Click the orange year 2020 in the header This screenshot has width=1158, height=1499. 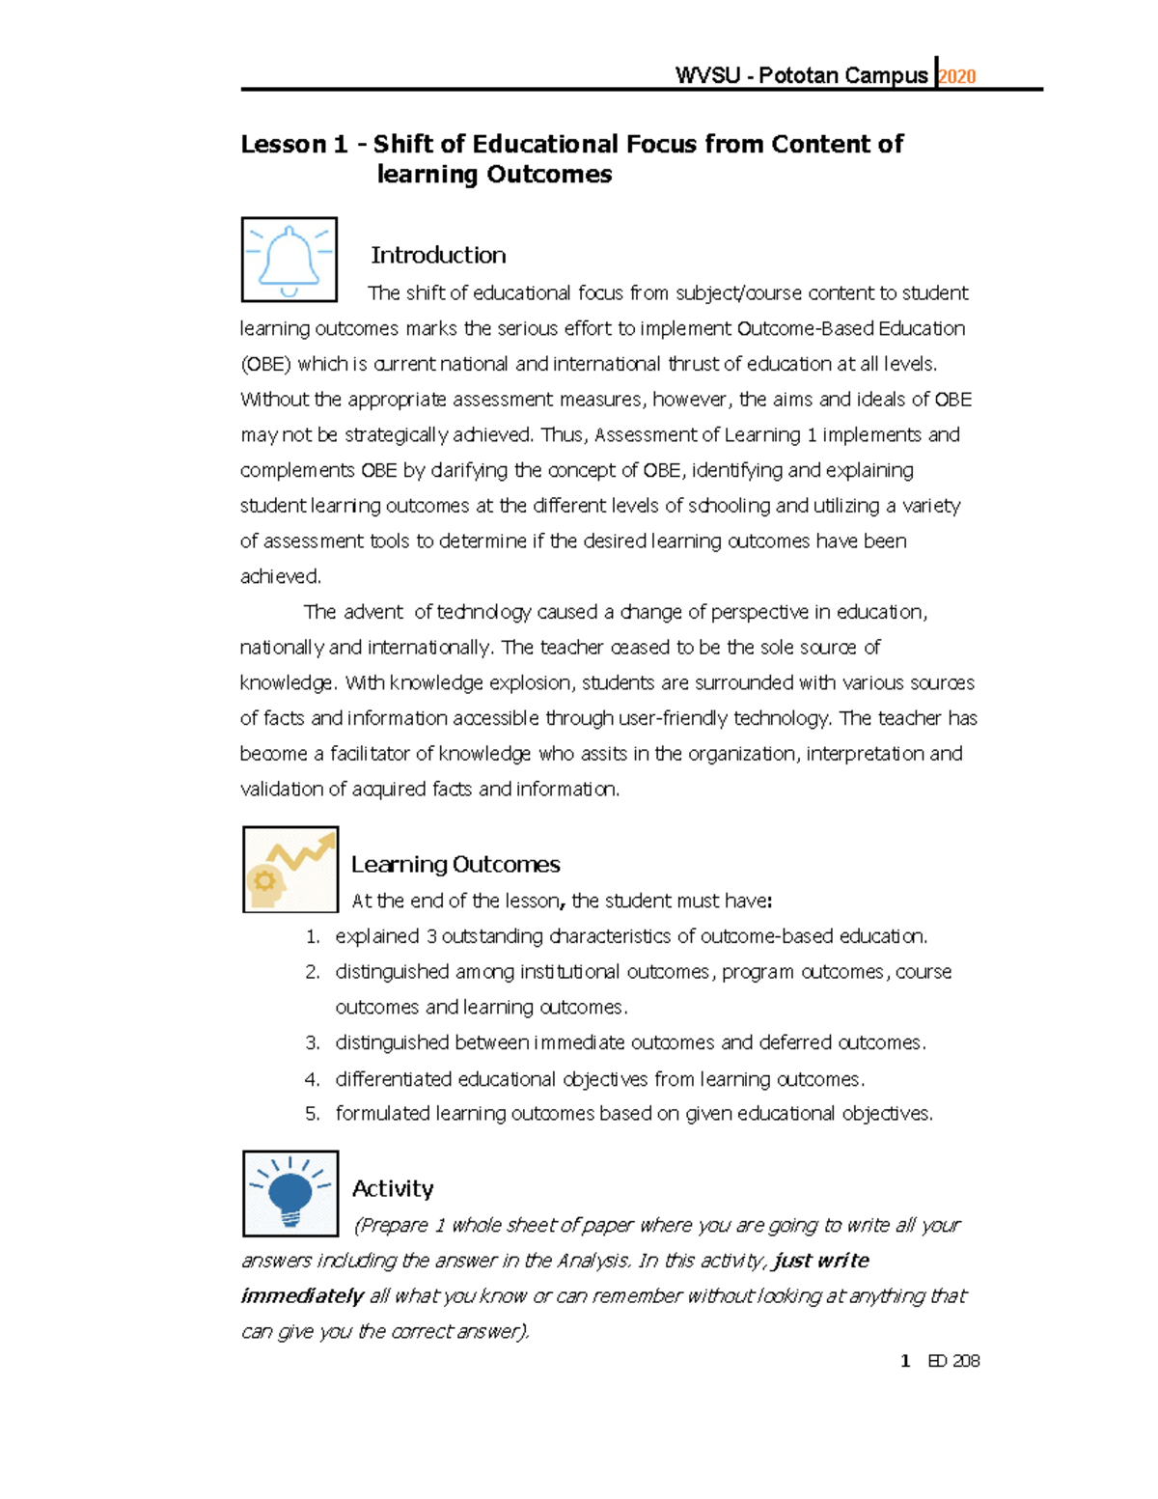pos(957,76)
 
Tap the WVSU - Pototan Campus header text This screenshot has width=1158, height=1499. pos(801,75)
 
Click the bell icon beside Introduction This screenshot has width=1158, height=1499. pos(289,260)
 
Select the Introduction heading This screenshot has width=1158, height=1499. pos(438,255)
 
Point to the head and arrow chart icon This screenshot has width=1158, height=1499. pos(289,870)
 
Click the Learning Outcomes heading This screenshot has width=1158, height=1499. pos(455,864)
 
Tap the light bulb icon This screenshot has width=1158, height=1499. pos(289,1193)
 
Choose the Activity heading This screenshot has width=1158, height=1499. pos(393,1188)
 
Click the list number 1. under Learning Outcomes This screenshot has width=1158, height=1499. pos(312,936)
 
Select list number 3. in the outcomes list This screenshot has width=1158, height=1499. pos(312,1042)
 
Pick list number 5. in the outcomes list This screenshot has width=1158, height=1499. pos(312,1114)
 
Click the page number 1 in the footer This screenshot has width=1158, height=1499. pos(905,1361)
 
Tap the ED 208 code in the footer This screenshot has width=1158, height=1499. pos(953,1361)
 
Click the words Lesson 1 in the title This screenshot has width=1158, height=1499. pos(293,144)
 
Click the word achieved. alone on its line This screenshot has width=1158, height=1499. pos(280,576)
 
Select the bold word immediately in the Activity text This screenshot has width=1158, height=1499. pos(302,1296)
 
